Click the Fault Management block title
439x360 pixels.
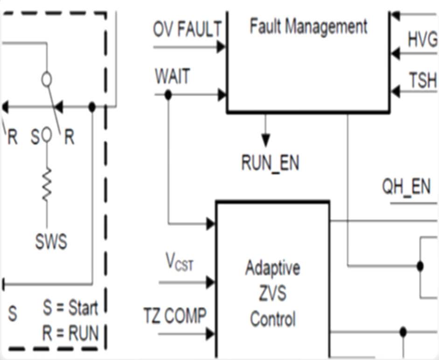308,27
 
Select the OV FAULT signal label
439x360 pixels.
188,30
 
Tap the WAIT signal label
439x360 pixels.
173,77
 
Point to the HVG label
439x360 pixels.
423,40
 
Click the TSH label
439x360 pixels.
423,81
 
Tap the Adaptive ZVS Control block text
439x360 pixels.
273,294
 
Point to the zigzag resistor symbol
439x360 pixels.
46,184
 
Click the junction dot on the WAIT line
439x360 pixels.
168,95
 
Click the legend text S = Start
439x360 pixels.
71,308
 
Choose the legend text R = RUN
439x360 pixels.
71,333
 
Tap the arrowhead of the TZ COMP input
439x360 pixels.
210,333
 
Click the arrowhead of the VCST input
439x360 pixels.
210,282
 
